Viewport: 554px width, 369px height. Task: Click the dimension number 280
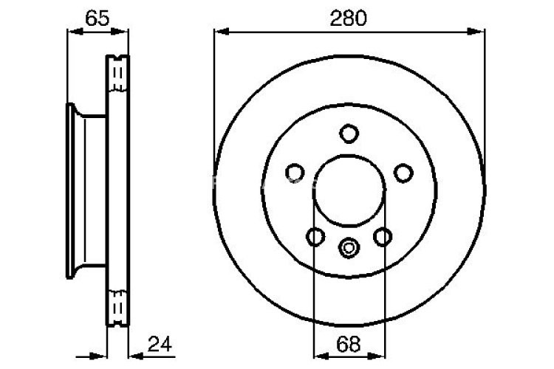(349, 20)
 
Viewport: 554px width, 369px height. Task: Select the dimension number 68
(349, 343)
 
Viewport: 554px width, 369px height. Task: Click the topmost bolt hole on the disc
(349, 134)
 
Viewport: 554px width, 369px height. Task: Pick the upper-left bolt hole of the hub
(294, 173)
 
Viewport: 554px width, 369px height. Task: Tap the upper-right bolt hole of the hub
(403, 173)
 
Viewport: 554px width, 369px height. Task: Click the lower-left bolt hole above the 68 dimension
(315, 237)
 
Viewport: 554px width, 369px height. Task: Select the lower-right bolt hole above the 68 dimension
(383, 237)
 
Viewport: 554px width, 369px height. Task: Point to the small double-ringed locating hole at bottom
(349, 246)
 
